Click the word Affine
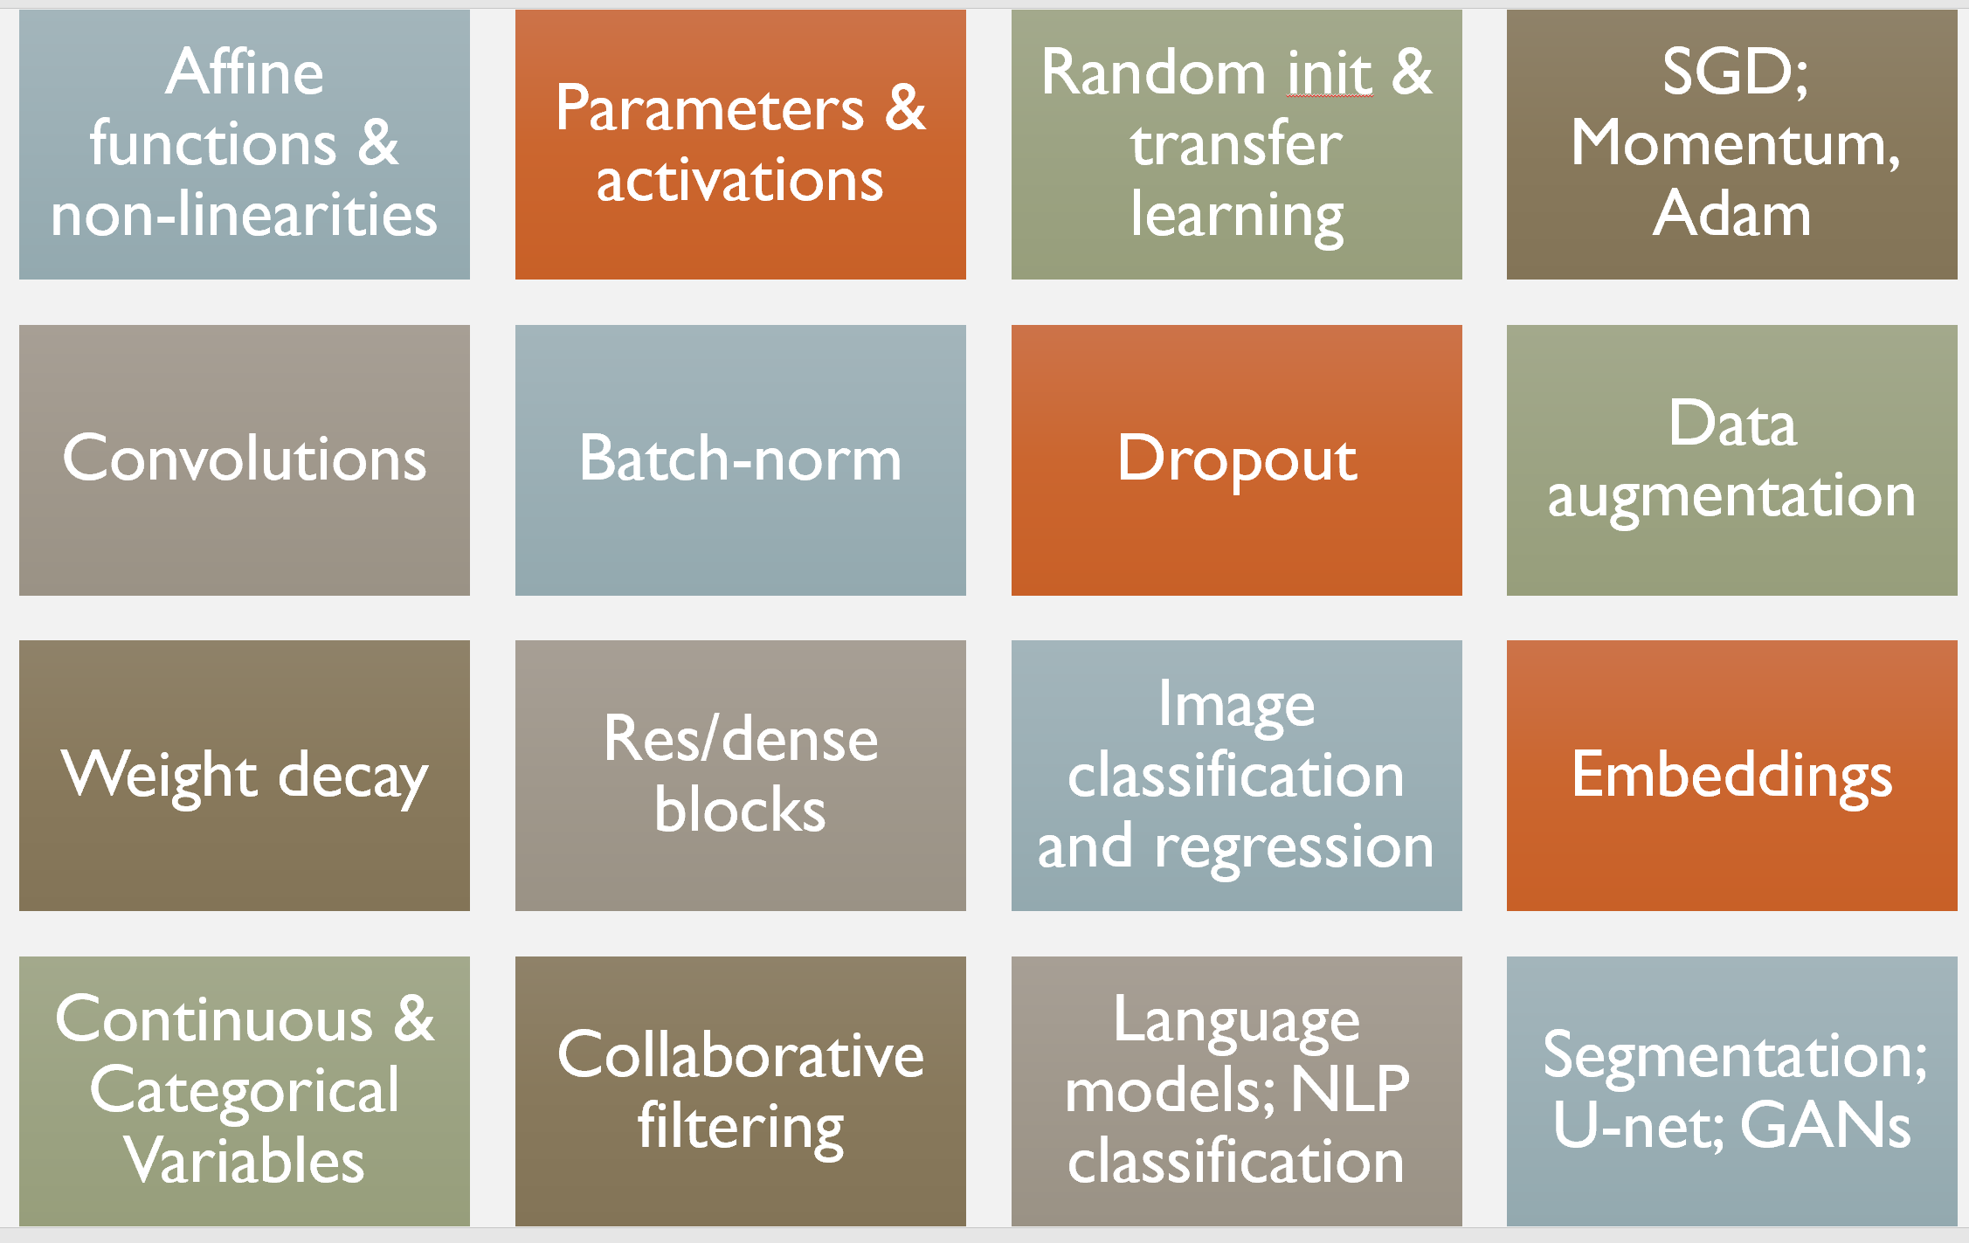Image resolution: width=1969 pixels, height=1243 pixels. click(x=245, y=72)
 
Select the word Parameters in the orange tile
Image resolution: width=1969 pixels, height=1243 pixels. click(x=709, y=109)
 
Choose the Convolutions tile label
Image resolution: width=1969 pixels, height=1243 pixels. click(x=245, y=459)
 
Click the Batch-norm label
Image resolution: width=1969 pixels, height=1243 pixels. click(x=740, y=459)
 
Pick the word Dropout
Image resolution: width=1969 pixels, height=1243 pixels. click(x=1236, y=459)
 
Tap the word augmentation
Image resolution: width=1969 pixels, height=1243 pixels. click(x=1731, y=496)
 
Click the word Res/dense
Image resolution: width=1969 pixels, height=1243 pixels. click(x=740, y=739)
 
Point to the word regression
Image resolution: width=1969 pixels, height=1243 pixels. click(x=1294, y=846)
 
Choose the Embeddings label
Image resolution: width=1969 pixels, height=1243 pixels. click(x=1731, y=776)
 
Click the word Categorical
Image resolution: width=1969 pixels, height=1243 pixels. click(x=245, y=1091)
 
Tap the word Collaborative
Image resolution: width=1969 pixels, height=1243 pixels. click(x=740, y=1055)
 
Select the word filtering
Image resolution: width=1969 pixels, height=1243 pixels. click(x=740, y=1127)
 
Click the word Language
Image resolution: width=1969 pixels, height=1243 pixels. click(x=1236, y=1020)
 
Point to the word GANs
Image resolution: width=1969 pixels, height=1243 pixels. click(x=1825, y=1127)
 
